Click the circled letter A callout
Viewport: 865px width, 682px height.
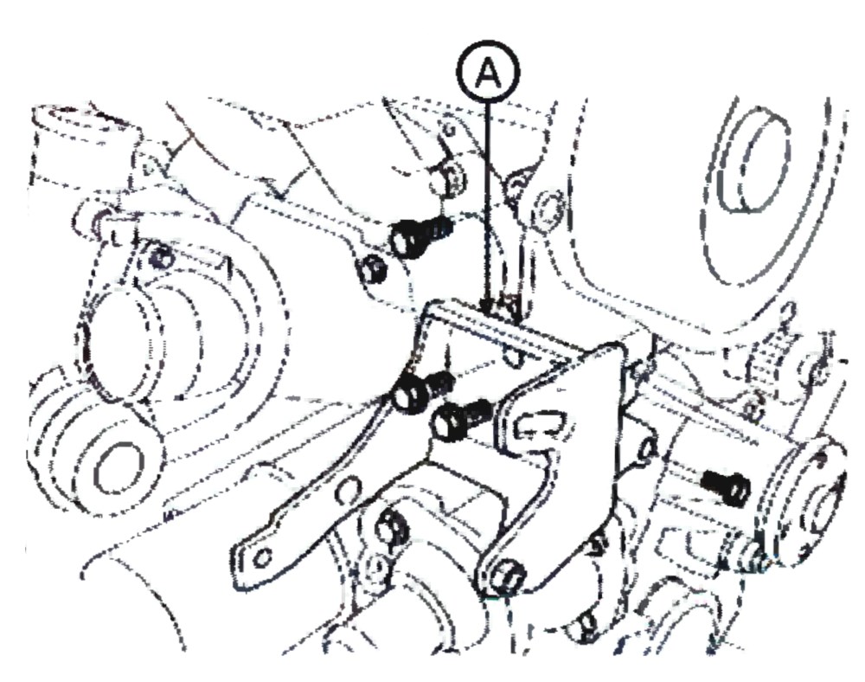click(488, 71)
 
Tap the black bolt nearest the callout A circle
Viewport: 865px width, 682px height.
click(421, 236)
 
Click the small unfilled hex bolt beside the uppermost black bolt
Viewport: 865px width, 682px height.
click(375, 268)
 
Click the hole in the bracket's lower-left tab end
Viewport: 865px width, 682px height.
click(263, 557)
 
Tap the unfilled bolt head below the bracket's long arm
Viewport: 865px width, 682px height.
click(391, 529)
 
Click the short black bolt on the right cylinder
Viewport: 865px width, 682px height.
click(727, 487)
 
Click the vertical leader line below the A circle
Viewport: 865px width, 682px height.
click(486, 204)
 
